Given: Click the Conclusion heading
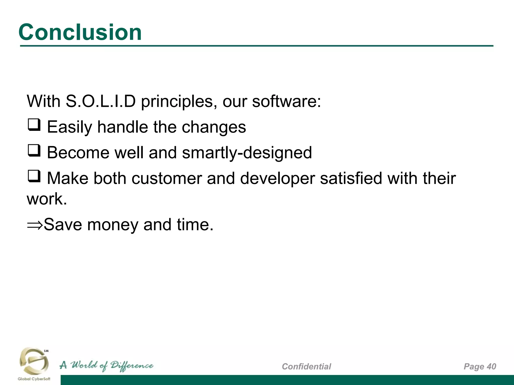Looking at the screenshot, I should click(x=80, y=32).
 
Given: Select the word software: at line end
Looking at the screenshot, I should click(x=286, y=102).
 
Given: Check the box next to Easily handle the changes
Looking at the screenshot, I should click(x=34, y=125).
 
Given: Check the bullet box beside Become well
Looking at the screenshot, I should click(x=34, y=150).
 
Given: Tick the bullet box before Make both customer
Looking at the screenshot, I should click(x=34, y=176).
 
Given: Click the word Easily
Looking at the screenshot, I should click(x=70, y=127).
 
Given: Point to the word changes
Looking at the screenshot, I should click(x=214, y=127).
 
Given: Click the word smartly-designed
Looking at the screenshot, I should click(x=247, y=153).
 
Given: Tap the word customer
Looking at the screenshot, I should click(x=166, y=178).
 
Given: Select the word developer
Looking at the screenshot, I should click(x=277, y=178).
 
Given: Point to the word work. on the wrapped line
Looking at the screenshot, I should click(x=47, y=199).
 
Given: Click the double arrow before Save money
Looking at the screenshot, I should click(x=35, y=225).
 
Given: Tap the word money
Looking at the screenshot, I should click(x=113, y=225).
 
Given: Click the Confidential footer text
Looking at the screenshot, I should click(x=306, y=366).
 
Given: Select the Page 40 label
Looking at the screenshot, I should click(x=480, y=366).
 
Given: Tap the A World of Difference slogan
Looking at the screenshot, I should click(x=106, y=366).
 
